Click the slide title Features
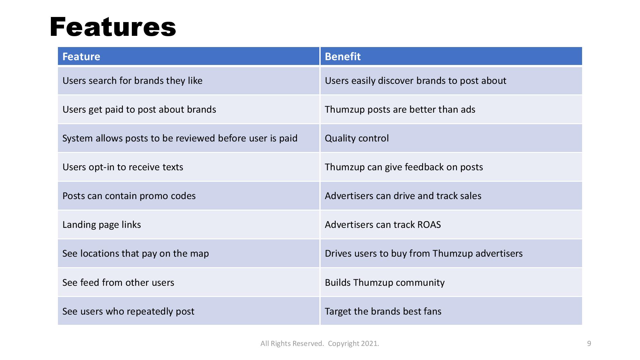(113, 27)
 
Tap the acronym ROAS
(429, 225)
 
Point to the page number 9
(589, 344)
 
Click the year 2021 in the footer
(369, 344)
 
